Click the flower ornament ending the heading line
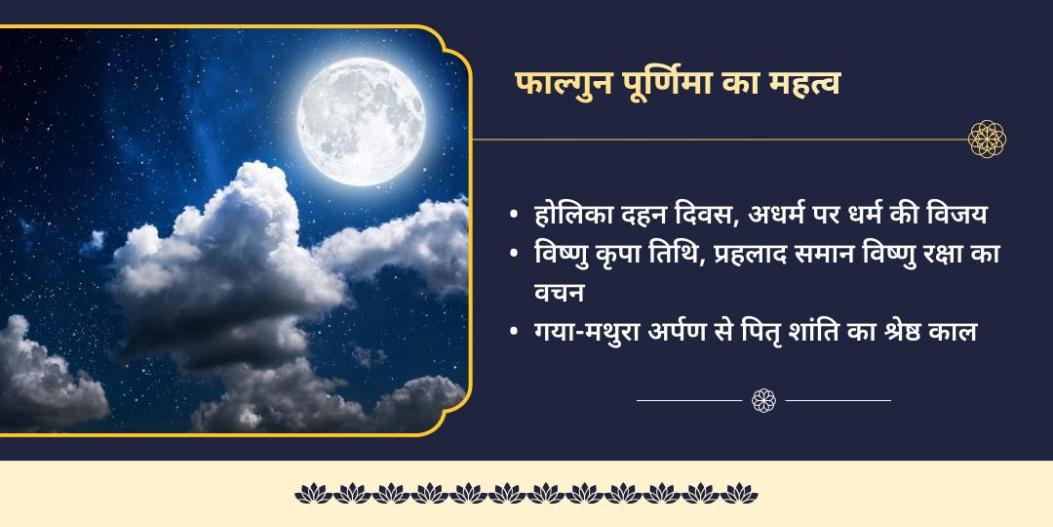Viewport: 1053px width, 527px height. pyautogui.click(x=987, y=139)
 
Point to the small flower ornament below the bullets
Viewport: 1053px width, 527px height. pyautogui.click(x=763, y=399)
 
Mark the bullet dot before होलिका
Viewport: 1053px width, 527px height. pyautogui.click(x=514, y=216)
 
